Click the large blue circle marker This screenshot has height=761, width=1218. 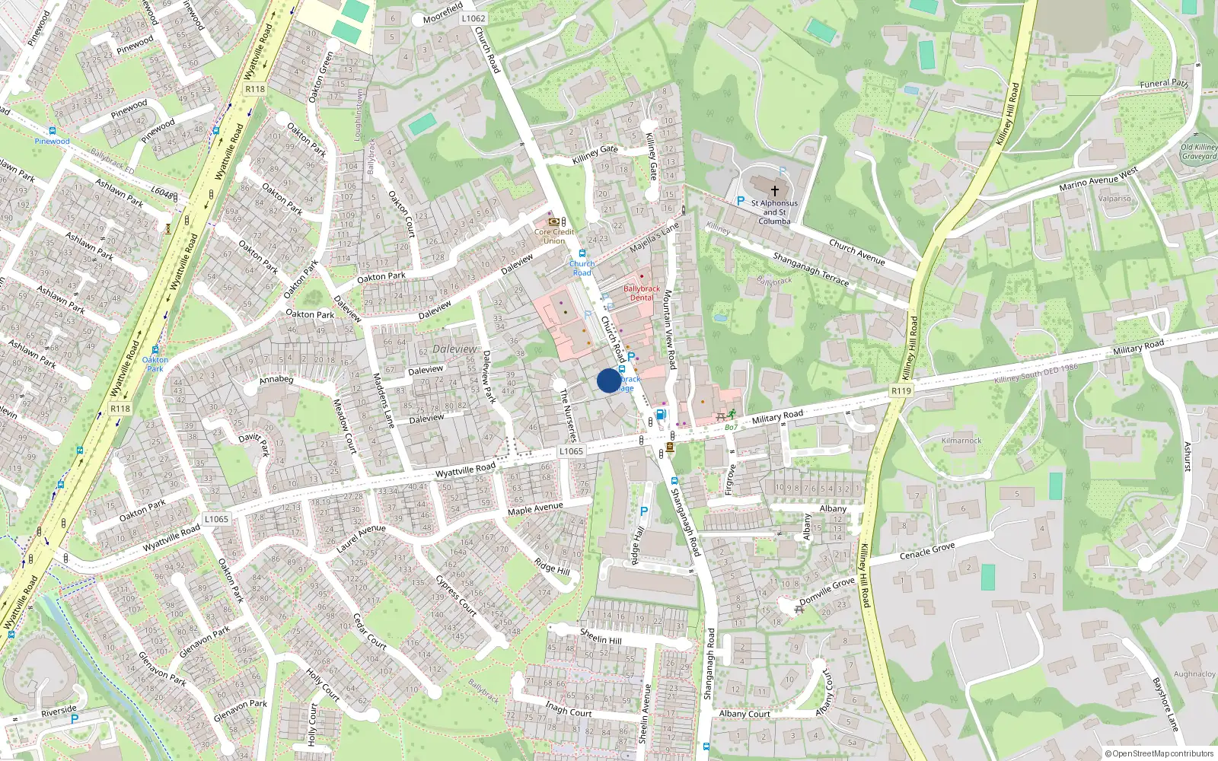tap(609, 380)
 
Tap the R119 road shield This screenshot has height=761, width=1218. tap(901, 390)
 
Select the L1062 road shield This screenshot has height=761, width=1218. tap(473, 18)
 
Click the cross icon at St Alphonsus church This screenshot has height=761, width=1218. tap(775, 191)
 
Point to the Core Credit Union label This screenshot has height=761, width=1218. tap(554, 236)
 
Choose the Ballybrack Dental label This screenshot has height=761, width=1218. tap(642, 293)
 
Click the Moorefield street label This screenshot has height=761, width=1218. tap(443, 14)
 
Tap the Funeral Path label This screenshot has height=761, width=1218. tap(1164, 82)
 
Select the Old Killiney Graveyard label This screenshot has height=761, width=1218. tap(1199, 152)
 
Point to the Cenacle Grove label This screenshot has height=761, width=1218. tap(927, 550)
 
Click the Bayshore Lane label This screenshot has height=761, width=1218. tap(1165, 704)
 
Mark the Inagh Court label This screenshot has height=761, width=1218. tap(568, 709)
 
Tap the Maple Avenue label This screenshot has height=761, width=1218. tap(535, 508)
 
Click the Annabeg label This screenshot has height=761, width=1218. tap(276, 379)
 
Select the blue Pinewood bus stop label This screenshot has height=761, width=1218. tap(52, 141)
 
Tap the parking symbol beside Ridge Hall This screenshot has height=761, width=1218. tap(644, 511)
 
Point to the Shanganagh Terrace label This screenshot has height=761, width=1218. tap(811, 269)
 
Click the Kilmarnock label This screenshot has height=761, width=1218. tap(961, 441)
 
